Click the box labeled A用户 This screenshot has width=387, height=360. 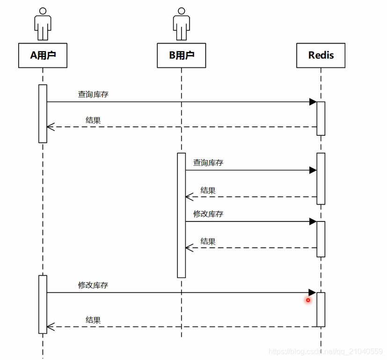pos(43,55)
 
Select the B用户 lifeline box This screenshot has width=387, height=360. pos(181,55)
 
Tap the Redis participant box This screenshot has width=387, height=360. pos(321,55)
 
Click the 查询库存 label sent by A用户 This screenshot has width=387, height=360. pos(93,94)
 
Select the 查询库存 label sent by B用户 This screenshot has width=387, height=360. pos(208,162)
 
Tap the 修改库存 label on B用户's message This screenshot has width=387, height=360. pos(208,214)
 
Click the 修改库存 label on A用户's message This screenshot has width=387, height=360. pos(93,285)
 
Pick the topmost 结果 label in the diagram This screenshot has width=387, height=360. pos(93,120)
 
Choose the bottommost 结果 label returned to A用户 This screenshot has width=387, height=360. pos(93,320)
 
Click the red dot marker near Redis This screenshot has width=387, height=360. pos(308,300)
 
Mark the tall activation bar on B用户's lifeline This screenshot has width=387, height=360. pos(181,215)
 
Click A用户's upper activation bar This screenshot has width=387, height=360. pos(43,113)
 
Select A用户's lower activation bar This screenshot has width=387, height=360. pos(43,304)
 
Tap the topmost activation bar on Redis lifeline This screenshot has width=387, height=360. pos(321,118)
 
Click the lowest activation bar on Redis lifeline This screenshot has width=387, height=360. pos(321,309)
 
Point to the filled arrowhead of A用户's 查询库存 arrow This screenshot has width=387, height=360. pos(313,102)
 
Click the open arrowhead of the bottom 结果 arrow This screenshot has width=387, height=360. pos(50,327)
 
